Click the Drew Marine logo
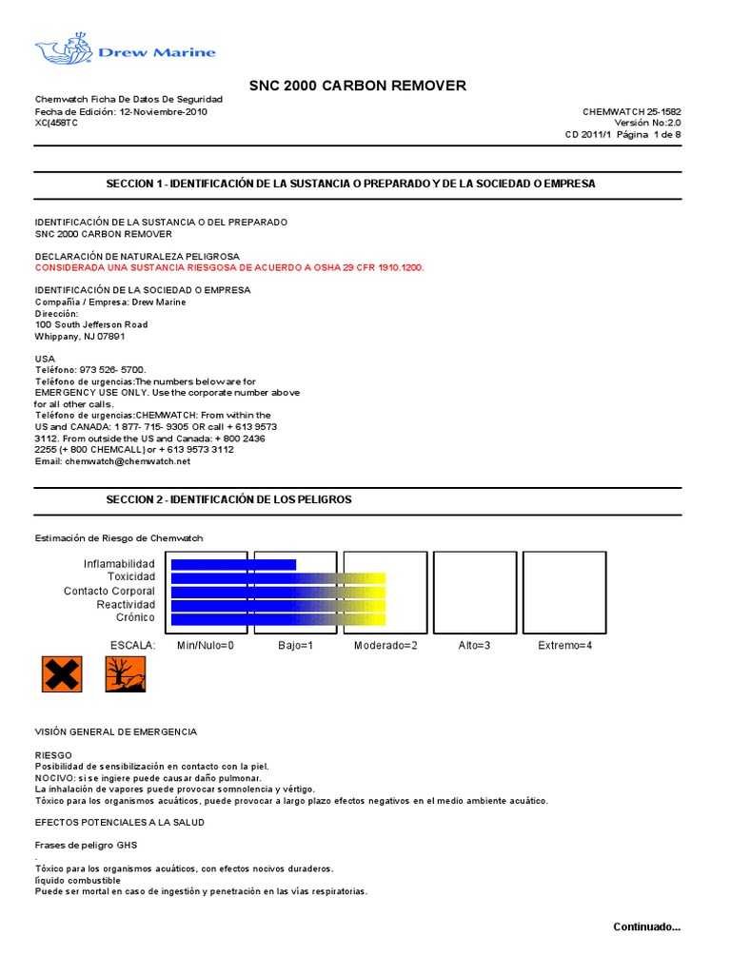pos(125,50)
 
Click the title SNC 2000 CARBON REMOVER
pos(358,87)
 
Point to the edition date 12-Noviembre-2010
pos(163,111)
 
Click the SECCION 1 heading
pos(350,184)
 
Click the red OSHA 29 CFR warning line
pos(229,267)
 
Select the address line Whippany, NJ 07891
pos(80,336)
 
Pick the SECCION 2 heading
pos(228,499)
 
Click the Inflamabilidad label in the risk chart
pos(119,564)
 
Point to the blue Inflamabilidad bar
pos(233,564)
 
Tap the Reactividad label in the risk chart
pos(125,604)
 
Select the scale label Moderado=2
pos(386,645)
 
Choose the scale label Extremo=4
pos(564,645)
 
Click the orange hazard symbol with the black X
pos(62,674)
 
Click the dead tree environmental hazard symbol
pos(123,674)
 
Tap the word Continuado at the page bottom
pos(646,926)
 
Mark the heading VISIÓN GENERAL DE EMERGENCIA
pos(116,731)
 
